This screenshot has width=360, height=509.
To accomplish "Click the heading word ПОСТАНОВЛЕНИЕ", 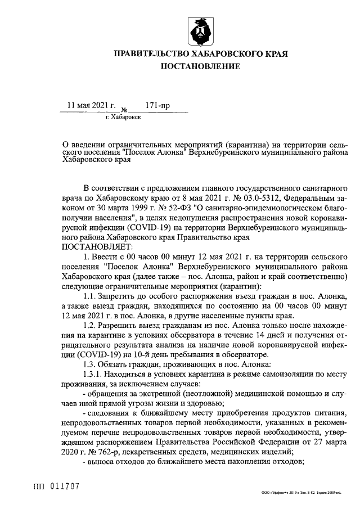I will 201,66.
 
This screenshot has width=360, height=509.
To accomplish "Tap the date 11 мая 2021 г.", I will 91,105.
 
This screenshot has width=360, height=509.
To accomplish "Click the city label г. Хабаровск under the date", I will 123,117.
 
